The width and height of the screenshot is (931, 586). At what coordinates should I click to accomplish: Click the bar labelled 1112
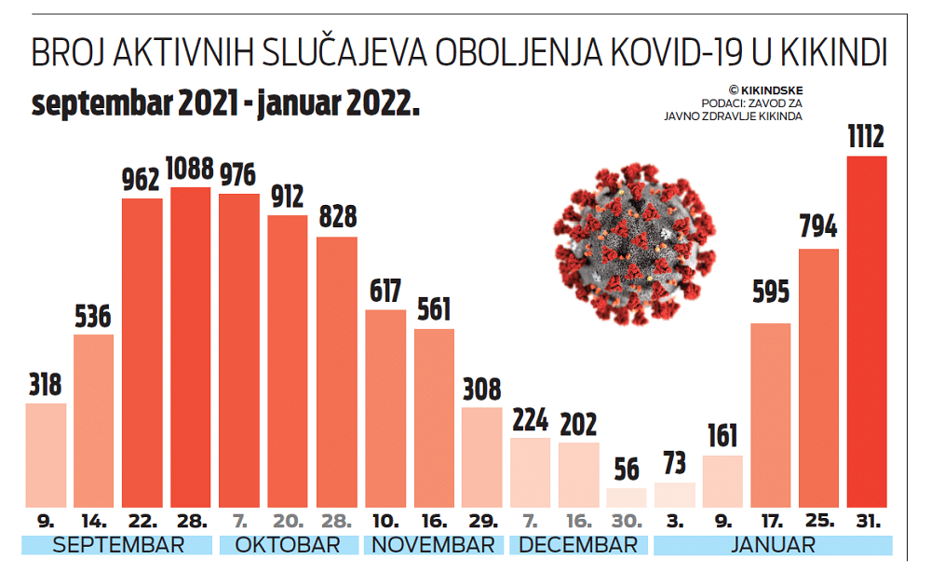point(867,331)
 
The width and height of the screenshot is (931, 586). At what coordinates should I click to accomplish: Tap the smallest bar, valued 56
point(626,497)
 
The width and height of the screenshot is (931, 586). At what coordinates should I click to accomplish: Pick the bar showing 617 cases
point(385,408)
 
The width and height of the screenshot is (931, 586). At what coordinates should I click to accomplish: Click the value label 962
point(142,180)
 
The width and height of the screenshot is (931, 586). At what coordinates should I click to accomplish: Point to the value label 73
point(675,463)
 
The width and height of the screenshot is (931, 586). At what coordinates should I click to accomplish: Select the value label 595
point(770,292)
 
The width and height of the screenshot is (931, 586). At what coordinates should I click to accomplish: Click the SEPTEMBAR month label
point(118,545)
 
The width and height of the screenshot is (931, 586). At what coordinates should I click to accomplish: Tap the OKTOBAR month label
point(288,545)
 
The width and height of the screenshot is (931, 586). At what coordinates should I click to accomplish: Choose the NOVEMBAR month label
point(433,545)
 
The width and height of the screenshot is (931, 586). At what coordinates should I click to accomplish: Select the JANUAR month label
point(772,545)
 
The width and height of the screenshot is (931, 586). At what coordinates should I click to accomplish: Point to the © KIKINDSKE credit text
point(765,89)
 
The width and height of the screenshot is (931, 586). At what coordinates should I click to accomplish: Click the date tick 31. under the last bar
point(867,520)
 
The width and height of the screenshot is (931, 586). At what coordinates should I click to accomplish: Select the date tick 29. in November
point(481,520)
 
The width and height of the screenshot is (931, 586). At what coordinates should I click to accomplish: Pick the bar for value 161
point(722,481)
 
